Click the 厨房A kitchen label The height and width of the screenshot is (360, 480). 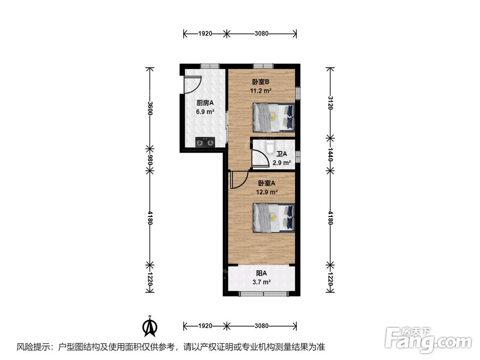tap(205, 103)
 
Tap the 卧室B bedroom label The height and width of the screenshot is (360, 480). tap(261, 82)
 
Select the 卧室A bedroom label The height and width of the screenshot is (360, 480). tap(266, 183)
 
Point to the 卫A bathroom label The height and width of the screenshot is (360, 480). tap(282, 154)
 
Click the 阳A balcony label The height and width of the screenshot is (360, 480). tap(262, 273)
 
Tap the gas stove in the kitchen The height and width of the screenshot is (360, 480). tap(205, 142)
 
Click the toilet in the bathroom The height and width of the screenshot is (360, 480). tap(270, 146)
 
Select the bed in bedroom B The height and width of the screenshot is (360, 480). tap(274, 118)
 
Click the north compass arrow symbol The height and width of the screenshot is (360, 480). tap(150, 326)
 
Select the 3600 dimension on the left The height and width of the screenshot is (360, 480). tap(150, 108)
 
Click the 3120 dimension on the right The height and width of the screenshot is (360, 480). tap(330, 103)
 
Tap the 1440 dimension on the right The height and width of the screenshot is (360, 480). tap(330, 155)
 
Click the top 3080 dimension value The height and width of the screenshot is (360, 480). tap(262, 34)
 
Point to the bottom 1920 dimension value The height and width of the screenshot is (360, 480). tap(205, 326)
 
